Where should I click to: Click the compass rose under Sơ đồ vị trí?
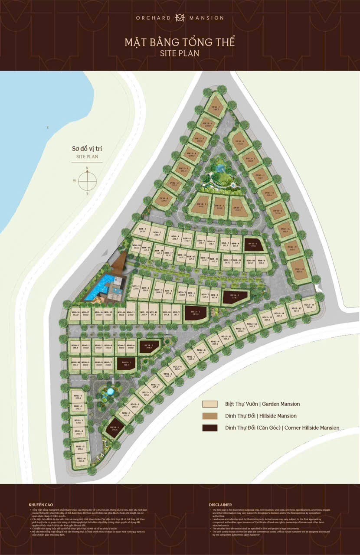[x=87, y=180]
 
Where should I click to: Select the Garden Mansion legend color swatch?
[x=212, y=404]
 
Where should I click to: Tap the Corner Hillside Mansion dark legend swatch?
[x=212, y=428]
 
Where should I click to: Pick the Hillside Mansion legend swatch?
[x=212, y=416]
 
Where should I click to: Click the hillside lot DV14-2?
[x=220, y=205]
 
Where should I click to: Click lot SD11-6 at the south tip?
[x=80, y=460]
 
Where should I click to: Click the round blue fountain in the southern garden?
[x=109, y=392]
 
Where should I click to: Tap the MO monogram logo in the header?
[x=180, y=18]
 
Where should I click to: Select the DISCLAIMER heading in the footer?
[x=220, y=505]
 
